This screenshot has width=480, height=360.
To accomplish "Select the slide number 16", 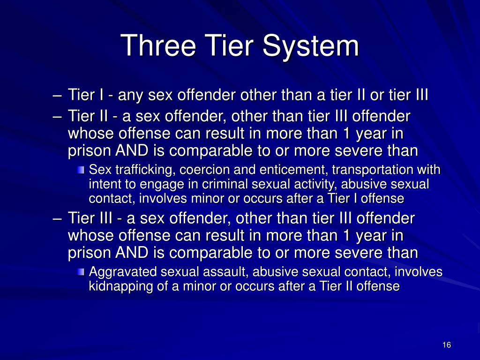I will pos(446,345).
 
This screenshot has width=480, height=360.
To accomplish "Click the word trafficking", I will pos(129,169).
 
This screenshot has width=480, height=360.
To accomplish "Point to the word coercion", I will pos(175,169).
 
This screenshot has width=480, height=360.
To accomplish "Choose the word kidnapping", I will pos(117,286).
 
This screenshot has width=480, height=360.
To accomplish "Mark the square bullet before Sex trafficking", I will pos(82,170).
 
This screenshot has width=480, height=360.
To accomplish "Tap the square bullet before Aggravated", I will pos(82,272).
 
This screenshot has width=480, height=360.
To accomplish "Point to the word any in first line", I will pos(132,96).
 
